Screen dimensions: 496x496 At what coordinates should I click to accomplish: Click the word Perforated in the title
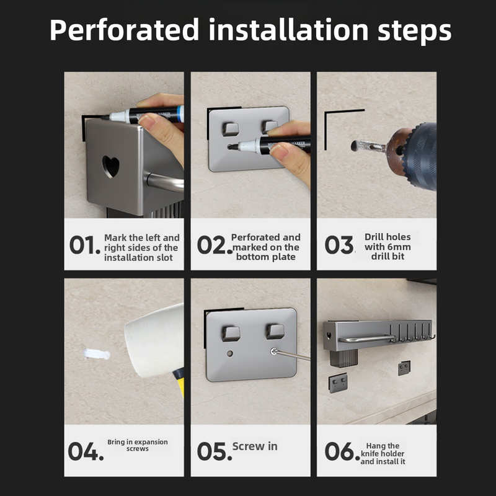click(x=125, y=30)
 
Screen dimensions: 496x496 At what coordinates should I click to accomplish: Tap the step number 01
click(x=84, y=245)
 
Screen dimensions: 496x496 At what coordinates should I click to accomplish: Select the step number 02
click(x=215, y=245)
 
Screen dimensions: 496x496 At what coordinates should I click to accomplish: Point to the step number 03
click(x=339, y=245)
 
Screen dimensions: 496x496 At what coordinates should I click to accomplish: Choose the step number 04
click(x=86, y=451)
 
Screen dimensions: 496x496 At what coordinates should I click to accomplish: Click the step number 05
click(x=215, y=451)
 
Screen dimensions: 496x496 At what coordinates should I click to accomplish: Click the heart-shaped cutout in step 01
click(x=111, y=166)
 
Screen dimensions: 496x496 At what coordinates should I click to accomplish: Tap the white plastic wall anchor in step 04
click(x=97, y=354)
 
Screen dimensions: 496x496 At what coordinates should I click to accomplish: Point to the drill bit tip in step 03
click(x=355, y=146)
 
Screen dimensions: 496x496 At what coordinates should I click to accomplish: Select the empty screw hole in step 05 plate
click(x=230, y=353)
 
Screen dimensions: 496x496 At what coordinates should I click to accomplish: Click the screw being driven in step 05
click(x=273, y=351)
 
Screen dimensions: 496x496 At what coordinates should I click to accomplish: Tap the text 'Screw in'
click(x=255, y=446)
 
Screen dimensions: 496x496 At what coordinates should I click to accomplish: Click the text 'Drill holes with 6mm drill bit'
click(x=388, y=246)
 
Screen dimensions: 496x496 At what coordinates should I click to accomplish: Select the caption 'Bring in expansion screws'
click(x=138, y=445)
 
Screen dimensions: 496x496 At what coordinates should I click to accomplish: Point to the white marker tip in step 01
click(x=114, y=117)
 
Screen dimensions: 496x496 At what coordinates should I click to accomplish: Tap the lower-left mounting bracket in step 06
click(x=338, y=383)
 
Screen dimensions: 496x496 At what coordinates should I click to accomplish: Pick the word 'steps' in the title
click(x=414, y=30)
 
